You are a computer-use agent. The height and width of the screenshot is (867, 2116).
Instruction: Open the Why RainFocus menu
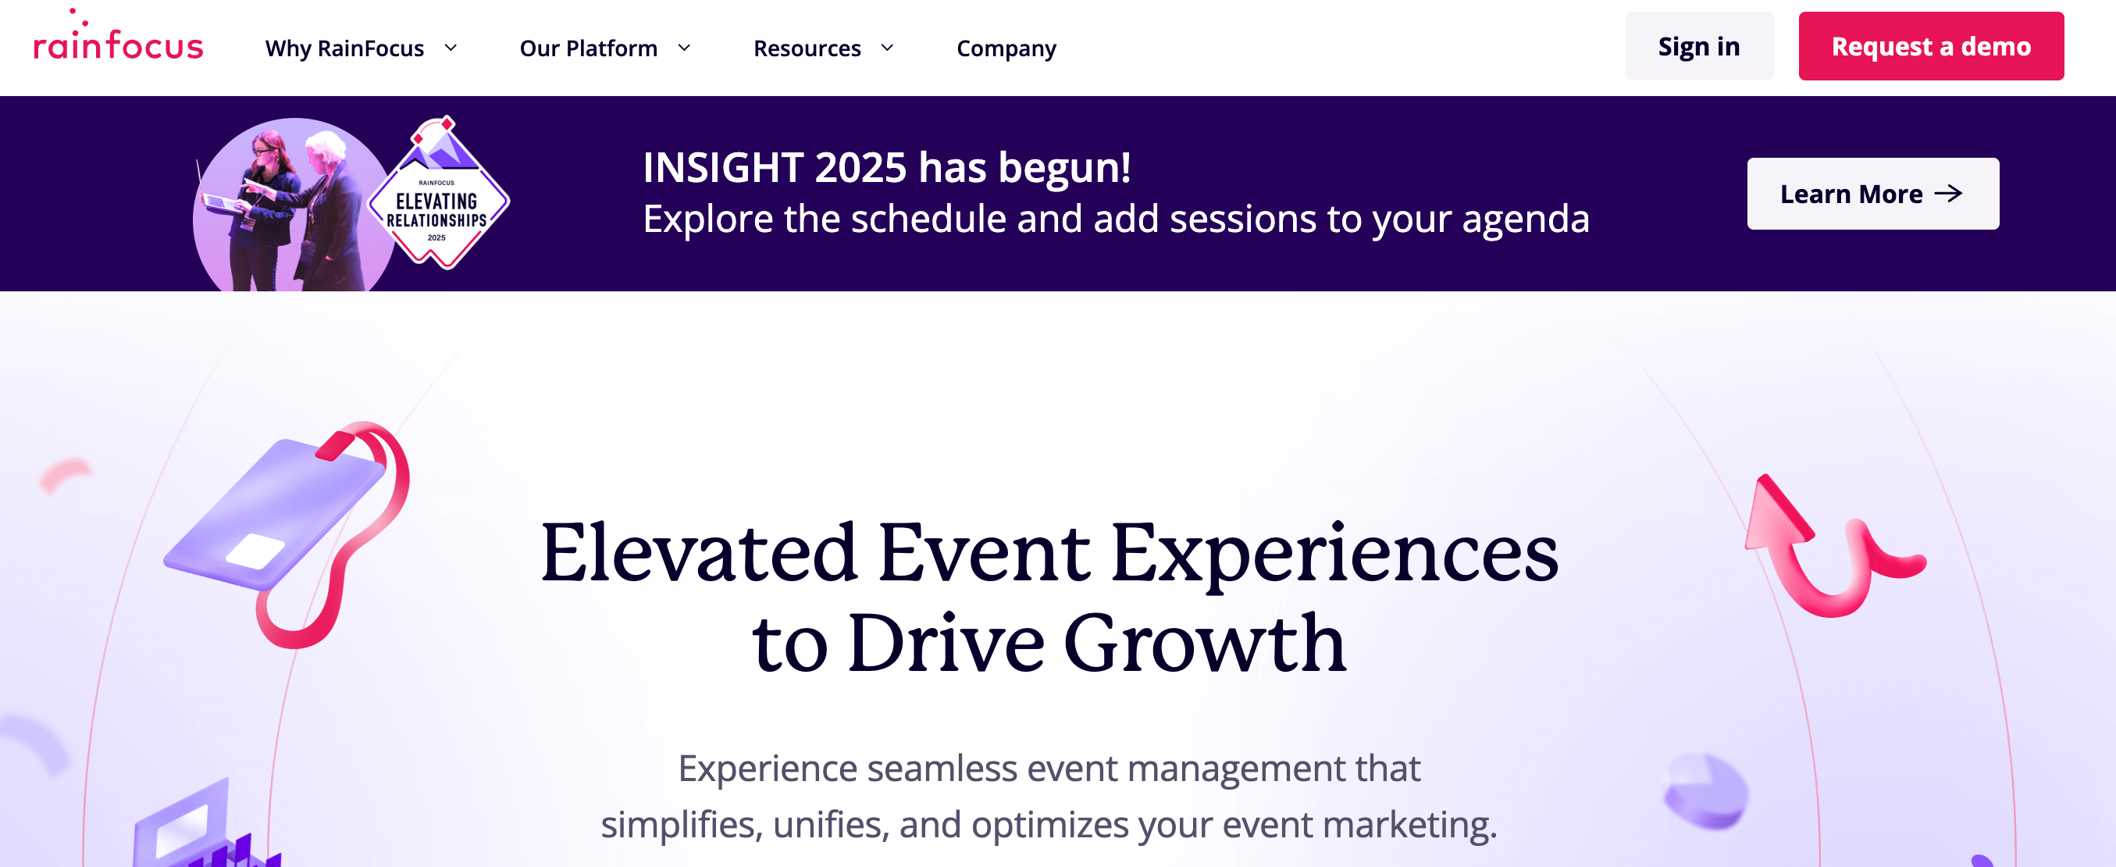click(360, 48)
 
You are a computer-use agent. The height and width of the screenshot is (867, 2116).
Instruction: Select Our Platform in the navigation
click(604, 48)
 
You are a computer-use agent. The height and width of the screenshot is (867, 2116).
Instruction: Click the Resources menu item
click(822, 48)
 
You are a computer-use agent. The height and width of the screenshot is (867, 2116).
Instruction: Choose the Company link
click(1006, 48)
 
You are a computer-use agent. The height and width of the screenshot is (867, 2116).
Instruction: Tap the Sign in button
click(1698, 46)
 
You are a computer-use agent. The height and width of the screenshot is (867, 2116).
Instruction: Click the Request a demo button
click(1930, 46)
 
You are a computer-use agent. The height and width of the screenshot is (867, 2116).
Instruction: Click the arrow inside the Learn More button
click(1947, 194)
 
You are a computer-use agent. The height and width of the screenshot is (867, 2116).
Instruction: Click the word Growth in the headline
click(1204, 644)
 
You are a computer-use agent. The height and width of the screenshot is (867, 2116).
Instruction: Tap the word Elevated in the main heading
click(698, 553)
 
